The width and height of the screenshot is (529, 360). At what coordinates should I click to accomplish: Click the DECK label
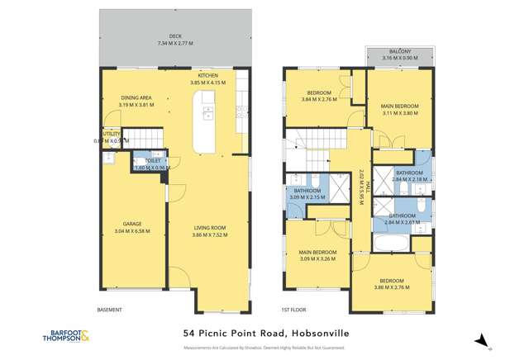[174, 36]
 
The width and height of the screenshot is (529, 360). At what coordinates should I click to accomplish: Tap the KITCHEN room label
[207, 75]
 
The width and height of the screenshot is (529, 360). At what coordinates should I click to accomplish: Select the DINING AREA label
[136, 97]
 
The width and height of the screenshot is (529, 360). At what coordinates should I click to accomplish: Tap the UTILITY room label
[110, 133]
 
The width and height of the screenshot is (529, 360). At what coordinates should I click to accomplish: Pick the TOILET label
[152, 160]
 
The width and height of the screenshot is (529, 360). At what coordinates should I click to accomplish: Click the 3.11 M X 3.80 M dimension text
[400, 113]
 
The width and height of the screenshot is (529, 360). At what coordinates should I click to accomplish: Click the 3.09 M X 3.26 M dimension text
[318, 258]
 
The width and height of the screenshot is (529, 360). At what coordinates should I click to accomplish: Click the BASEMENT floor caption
[110, 310]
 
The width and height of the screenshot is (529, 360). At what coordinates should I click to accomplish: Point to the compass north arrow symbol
[483, 339]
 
